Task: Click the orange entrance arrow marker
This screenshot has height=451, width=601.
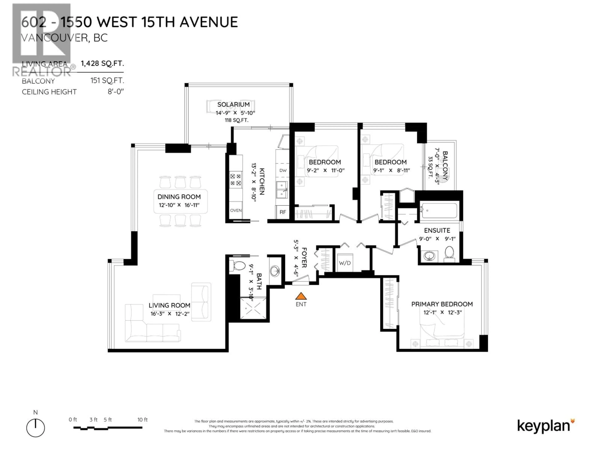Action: point(301,296)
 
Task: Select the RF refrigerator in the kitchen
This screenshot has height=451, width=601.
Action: point(283,212)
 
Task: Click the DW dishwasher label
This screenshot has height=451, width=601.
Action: point(283,170)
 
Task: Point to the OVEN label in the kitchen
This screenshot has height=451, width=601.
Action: point(236,210)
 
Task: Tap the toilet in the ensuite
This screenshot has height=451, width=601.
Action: point(449,253)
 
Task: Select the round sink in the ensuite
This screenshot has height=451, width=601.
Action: point(429,256)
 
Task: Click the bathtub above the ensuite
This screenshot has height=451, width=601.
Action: point(439,211)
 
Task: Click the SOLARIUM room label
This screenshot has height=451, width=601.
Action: point(233,104)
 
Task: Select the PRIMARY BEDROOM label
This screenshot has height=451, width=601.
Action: point(442,304)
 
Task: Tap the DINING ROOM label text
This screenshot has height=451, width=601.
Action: point(179,197)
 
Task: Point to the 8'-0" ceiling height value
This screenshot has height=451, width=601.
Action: point(116,92)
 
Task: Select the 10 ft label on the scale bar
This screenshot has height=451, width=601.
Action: point(142,420)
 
